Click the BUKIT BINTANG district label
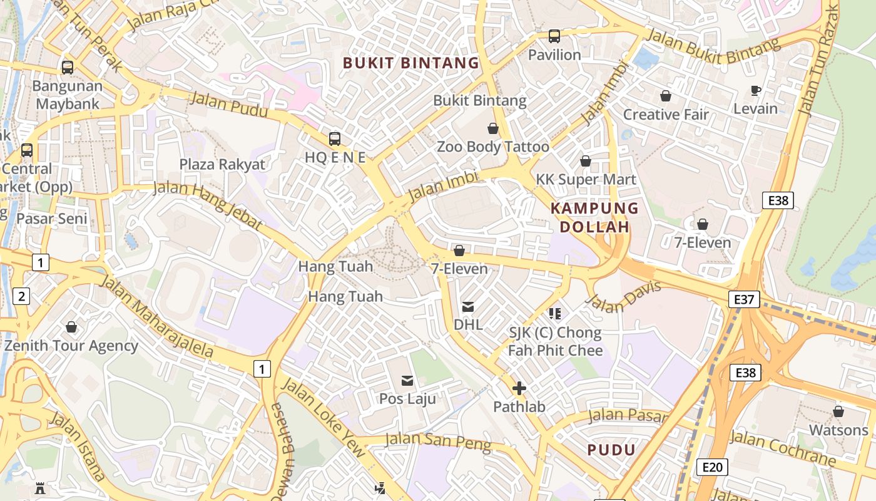[x=411, y=63]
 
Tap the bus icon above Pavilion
[x=554, y=36]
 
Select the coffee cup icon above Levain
[x=755, y=90]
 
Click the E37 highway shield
[x=744, y=300]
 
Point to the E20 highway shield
[x=712, y=467]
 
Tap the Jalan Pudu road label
[x=228, y=104]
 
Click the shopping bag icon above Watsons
[x=838, y=411]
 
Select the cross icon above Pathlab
[x=519, y=389]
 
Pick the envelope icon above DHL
[x=468, y=307]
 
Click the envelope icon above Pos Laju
[x=407, y=380]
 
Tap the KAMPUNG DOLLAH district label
[x=594, y=217]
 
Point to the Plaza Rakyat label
[x=222, y=165]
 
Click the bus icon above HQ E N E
[x=335, y=139]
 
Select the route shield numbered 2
[x=22, y=296]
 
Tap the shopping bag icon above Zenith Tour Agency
[x=71, y=327]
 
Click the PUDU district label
[x=611, y=450]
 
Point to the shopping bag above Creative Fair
[x=665, y=96]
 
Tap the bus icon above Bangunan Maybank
[x=67, y=68]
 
